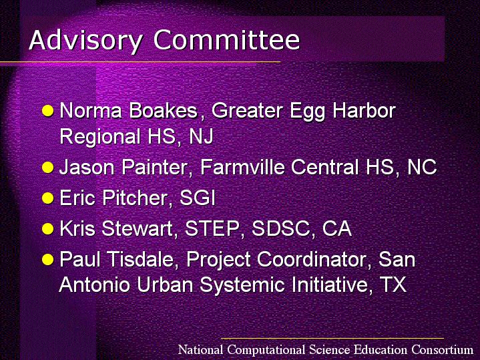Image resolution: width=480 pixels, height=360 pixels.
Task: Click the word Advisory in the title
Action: (85, 41)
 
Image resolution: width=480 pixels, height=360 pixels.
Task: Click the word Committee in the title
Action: (227, 39)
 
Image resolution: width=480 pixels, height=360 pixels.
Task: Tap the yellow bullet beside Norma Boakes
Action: (48, 111)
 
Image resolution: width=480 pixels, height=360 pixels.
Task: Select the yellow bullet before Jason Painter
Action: (48, 167)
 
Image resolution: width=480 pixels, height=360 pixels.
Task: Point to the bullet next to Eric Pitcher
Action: (48, 198)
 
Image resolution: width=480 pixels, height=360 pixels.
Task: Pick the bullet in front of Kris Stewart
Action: (48, 228)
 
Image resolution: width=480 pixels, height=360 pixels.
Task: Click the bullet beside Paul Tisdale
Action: (48, 259)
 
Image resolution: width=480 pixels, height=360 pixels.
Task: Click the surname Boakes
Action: (164, 110)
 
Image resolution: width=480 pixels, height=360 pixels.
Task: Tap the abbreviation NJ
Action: (201, 136)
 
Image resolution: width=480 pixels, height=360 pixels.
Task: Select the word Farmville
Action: (242, 167)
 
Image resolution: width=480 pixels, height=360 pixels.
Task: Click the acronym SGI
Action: (198, 198)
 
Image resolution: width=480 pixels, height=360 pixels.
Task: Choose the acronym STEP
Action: (212, 228)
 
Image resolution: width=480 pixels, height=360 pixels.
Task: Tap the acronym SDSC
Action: (280, 228)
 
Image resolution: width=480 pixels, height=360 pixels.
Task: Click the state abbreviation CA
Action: (337, 228)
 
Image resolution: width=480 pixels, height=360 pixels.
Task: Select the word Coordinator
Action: (312, 259)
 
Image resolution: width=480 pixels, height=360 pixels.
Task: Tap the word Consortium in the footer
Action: (443, 349)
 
